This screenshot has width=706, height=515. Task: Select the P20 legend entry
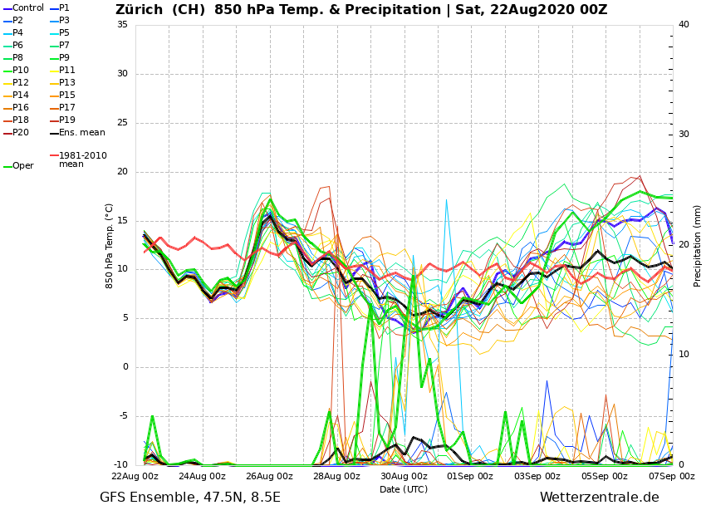[x=21, y=133]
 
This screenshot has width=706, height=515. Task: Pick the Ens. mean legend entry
[x=81, y=133]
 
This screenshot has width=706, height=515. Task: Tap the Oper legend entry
[x=23, y=166]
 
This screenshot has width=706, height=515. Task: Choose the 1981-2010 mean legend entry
[x=82, y=159]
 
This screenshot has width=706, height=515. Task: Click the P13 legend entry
[x=67, y=83]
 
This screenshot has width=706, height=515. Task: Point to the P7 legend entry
[x=65, y=46]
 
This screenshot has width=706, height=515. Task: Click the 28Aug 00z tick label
[x=336, y=477]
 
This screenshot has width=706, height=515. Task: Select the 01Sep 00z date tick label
[x=471, y=477]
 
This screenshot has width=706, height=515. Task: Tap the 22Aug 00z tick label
[x=135, y=477]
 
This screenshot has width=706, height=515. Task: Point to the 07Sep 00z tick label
[x=671, y=477]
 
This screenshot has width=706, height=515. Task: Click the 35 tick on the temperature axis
[x=122, y=24]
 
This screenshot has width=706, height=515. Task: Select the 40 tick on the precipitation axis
[x=684, y=24]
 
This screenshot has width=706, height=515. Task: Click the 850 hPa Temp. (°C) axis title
[x=109, y=245]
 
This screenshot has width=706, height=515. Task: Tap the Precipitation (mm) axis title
[x=697, y=245]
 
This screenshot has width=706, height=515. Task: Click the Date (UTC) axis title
[x=404, y=490]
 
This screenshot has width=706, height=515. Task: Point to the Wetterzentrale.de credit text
[x=599, y=498]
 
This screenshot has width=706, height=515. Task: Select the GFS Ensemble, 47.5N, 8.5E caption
[x=190, y=498]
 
